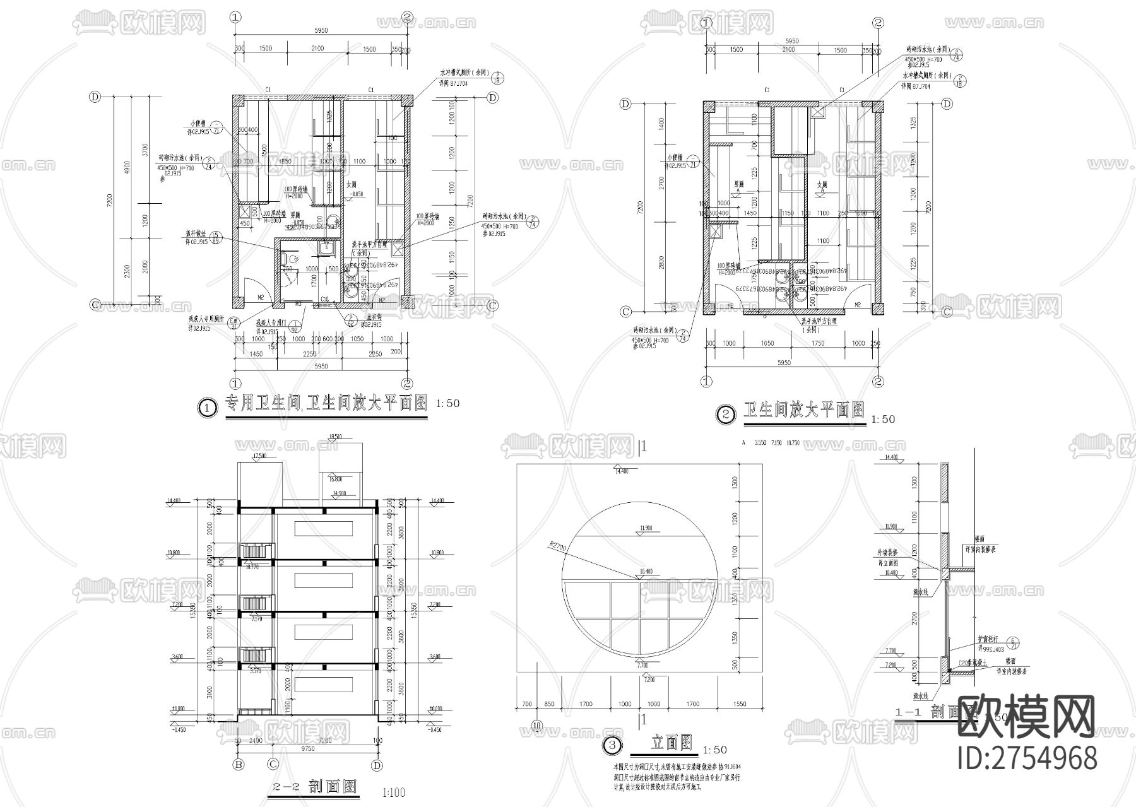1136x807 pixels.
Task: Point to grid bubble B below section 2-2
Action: point(239,765)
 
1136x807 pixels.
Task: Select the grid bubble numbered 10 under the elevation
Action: point(537,726)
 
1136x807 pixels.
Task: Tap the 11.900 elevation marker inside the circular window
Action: point(645,528)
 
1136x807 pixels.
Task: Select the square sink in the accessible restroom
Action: point(327,248)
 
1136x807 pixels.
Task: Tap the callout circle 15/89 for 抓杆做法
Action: point(216,237)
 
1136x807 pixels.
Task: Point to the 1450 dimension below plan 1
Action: point(256,354)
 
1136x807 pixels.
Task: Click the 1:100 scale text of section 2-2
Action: point(394,792)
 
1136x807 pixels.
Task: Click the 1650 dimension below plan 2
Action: point(767,343)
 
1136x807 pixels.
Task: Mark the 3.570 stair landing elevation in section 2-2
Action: point(255,671)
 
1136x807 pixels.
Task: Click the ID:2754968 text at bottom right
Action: point(1027,758)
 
